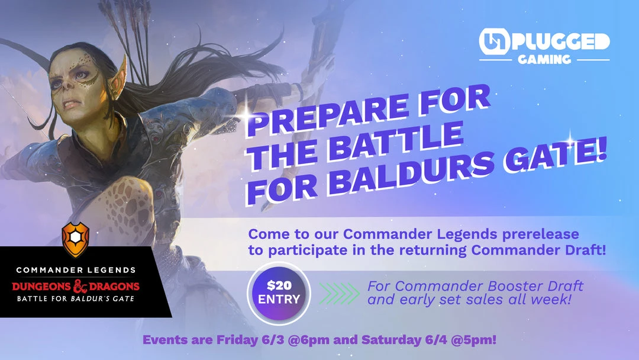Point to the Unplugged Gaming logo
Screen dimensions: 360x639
[x=544, y=48]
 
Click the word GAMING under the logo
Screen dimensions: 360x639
[x=544, y=59]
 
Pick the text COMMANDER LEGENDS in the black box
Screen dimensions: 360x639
[x=76, y=270]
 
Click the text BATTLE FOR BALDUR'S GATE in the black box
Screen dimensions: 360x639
[x=76, y=299]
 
